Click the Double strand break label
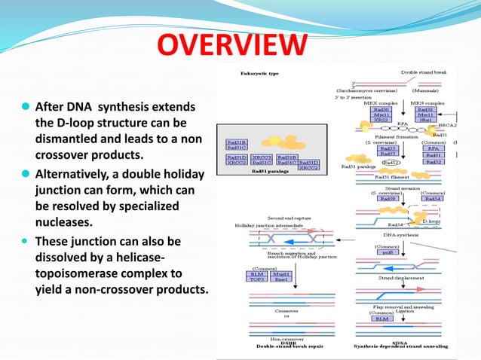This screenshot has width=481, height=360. (424, 72)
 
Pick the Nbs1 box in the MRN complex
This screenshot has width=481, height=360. (426, 120)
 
